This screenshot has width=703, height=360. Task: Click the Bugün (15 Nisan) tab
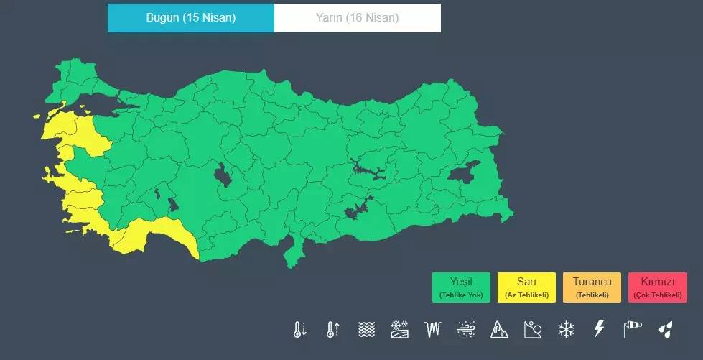[190, 18]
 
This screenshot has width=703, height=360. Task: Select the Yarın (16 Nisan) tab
[358, 18]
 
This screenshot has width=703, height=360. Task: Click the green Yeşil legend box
[461, 287]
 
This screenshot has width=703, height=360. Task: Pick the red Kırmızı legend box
[657, 287]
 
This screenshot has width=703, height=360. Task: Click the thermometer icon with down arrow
[299, 330]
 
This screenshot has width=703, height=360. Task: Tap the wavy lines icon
[366, 330]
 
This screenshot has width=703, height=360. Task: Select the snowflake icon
[567, 330]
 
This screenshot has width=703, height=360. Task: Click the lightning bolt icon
[599, 330]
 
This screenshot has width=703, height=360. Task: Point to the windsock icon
[633, 330]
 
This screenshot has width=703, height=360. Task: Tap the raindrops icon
[666, 330]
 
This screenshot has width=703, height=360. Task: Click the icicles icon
[432, 330]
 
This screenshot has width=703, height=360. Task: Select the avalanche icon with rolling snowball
[533, 330]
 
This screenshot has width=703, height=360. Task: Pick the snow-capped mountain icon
[499, 330]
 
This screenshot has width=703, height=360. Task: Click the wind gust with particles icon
[465, 330]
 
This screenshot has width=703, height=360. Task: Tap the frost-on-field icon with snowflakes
[399, 330]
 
